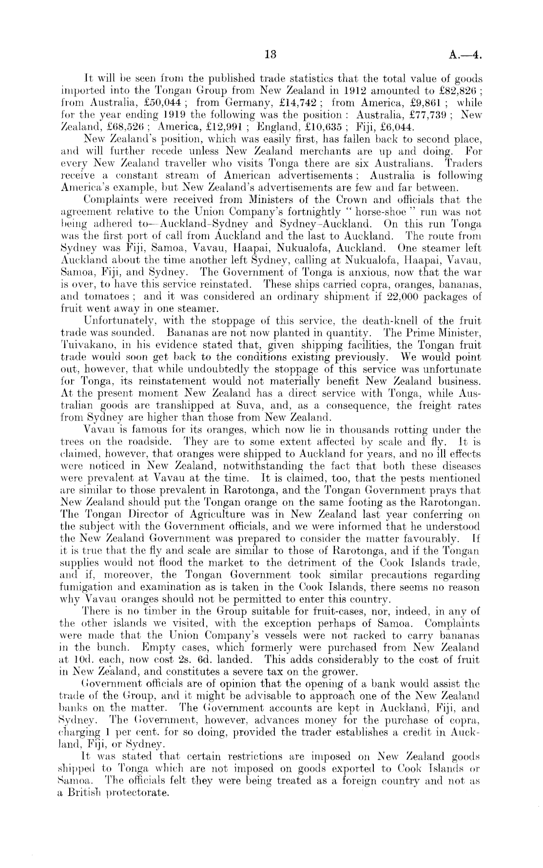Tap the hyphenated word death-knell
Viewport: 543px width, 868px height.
(x=368, y=321)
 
